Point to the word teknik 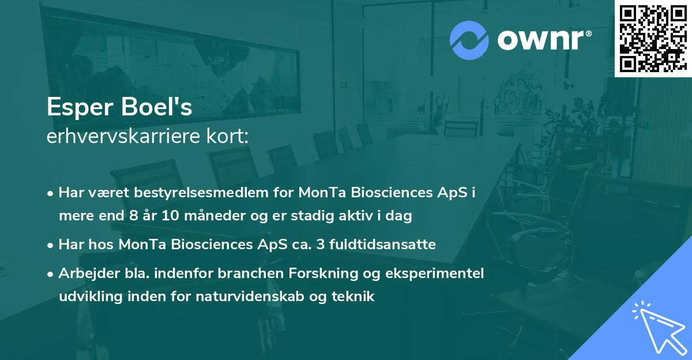tap(356, 297)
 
